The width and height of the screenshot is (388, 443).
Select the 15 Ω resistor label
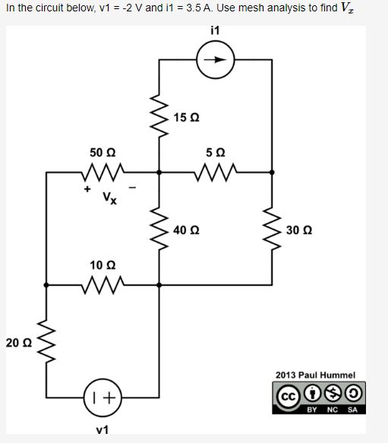(186, 117)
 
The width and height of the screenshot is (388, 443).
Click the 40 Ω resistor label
(186, 229)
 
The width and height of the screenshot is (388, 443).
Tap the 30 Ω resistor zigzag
(272, 229)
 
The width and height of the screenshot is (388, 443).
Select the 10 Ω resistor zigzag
(102, 285)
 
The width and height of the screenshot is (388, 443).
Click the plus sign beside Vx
(87, 187)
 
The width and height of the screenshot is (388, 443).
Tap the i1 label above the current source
(214, 32)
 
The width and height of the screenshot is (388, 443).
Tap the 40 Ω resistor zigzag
(159, 229)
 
